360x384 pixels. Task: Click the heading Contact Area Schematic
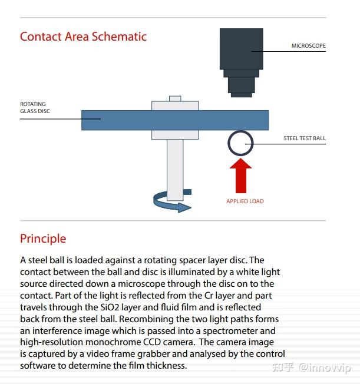[83, 37]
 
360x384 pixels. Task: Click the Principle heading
[43, 239]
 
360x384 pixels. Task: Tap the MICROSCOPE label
[308, 46]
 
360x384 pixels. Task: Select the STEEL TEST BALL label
[304, 139]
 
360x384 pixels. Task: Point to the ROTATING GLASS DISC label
[33, 107]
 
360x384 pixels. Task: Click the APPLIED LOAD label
[245, 201]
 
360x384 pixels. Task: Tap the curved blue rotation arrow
[171, 202]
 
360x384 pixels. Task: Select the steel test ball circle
[240, 143]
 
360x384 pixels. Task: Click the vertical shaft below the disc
[175, 168]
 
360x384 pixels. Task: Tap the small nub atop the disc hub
[175, 98]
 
